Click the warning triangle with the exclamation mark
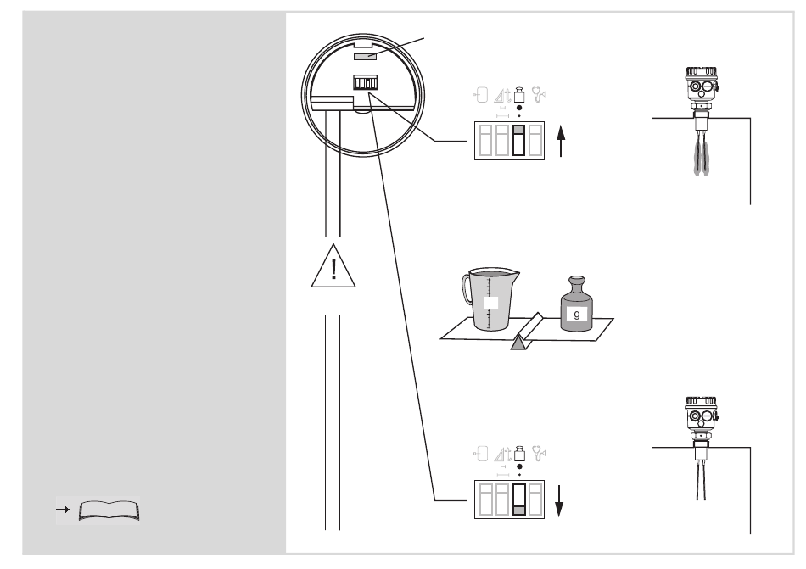coord(333,267)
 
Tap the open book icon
coord(109,511)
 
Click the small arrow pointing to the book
coord(63,510)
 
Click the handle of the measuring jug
coord(467,288)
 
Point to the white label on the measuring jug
coord(491,303)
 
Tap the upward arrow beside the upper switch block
coord(561,142)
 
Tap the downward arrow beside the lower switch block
coord(560,501)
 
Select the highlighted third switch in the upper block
coord(519,140)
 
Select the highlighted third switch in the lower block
coord(519,499)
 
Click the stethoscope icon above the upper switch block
coord(538,94)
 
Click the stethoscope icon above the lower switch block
coord(538,453)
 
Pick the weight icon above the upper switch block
coord(519,94)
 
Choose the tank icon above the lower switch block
coord(480,454)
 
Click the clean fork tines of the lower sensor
coord(701,480)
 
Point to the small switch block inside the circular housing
coord(365,83)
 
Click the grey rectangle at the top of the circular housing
coord(365,55)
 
